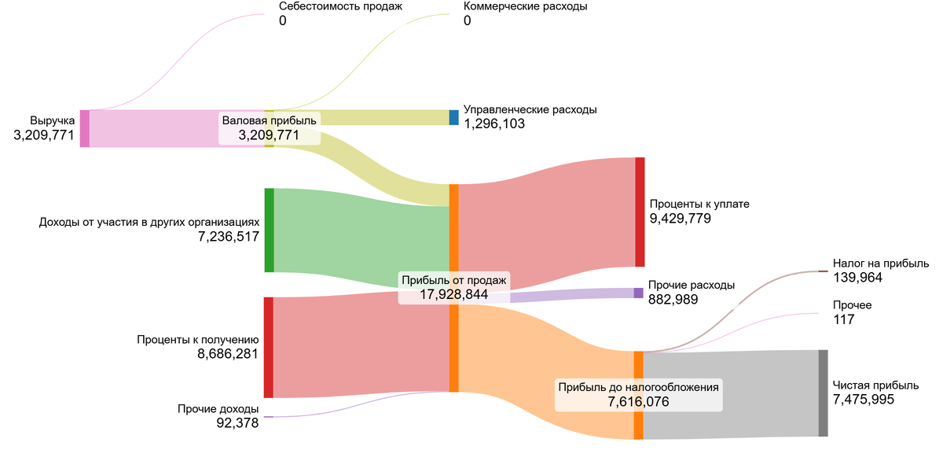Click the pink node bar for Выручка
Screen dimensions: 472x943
[84, 128]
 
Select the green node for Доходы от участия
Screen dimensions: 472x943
[269, 230]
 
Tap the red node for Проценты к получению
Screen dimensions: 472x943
[268, 347]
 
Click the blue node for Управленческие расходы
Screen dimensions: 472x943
[453, 117]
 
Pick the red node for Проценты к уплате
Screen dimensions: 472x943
[640, 212]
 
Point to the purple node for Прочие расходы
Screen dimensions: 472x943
[638, 293]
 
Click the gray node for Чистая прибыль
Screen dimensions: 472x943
[823, 393]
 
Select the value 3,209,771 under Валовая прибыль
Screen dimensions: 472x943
[269, 135]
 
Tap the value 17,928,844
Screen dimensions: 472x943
[454, 294]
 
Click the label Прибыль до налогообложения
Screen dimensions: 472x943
[638, 387]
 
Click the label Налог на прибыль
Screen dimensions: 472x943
[880, 264]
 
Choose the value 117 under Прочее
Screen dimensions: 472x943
[843, 319]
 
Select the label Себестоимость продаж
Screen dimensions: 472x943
[340, 6]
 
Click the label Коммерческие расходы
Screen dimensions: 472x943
[525, 6]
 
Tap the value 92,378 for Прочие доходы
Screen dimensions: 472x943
[237, 423]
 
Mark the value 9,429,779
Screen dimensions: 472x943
[681, 219]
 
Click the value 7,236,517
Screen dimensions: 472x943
[229, 236]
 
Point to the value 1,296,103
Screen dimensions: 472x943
[494, 124]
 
